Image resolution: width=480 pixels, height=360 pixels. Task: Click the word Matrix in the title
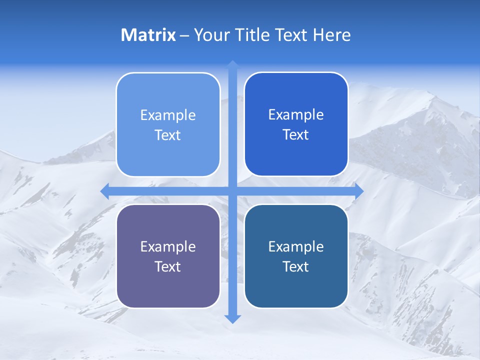pyautogui.click(x=148, y=35)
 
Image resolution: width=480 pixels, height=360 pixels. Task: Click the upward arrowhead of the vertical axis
pyautogui.click(x=232, y=64)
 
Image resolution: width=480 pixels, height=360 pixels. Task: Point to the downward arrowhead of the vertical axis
pyautogui.click(x=232, y=319)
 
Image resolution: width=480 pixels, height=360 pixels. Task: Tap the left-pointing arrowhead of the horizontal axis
pyautogui.click(x=105, y=191)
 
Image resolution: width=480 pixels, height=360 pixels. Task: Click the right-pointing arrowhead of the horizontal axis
pyautogui.click(x=359, y=191)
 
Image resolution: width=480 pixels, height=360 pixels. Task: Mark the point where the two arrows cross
pyautogui.click(x=232, y=191)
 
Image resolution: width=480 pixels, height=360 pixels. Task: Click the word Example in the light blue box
pyautogui.click(x=168, y=115)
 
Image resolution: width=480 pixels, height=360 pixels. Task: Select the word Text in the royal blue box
pyautogui.click(x=296, y=135)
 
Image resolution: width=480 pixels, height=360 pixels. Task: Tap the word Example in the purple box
pyautogui.click(x=168, y=246)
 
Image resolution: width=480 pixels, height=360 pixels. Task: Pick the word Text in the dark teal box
pyautogui.click(x=296, y=266)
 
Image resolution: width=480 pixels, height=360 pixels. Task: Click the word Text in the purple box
pyautogui.click(x=168, y=266)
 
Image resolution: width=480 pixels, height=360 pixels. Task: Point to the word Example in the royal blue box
pyautogui.click(x=296, y=115)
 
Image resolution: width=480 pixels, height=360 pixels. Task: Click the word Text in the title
pyautogui.click(x=292, y=35)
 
